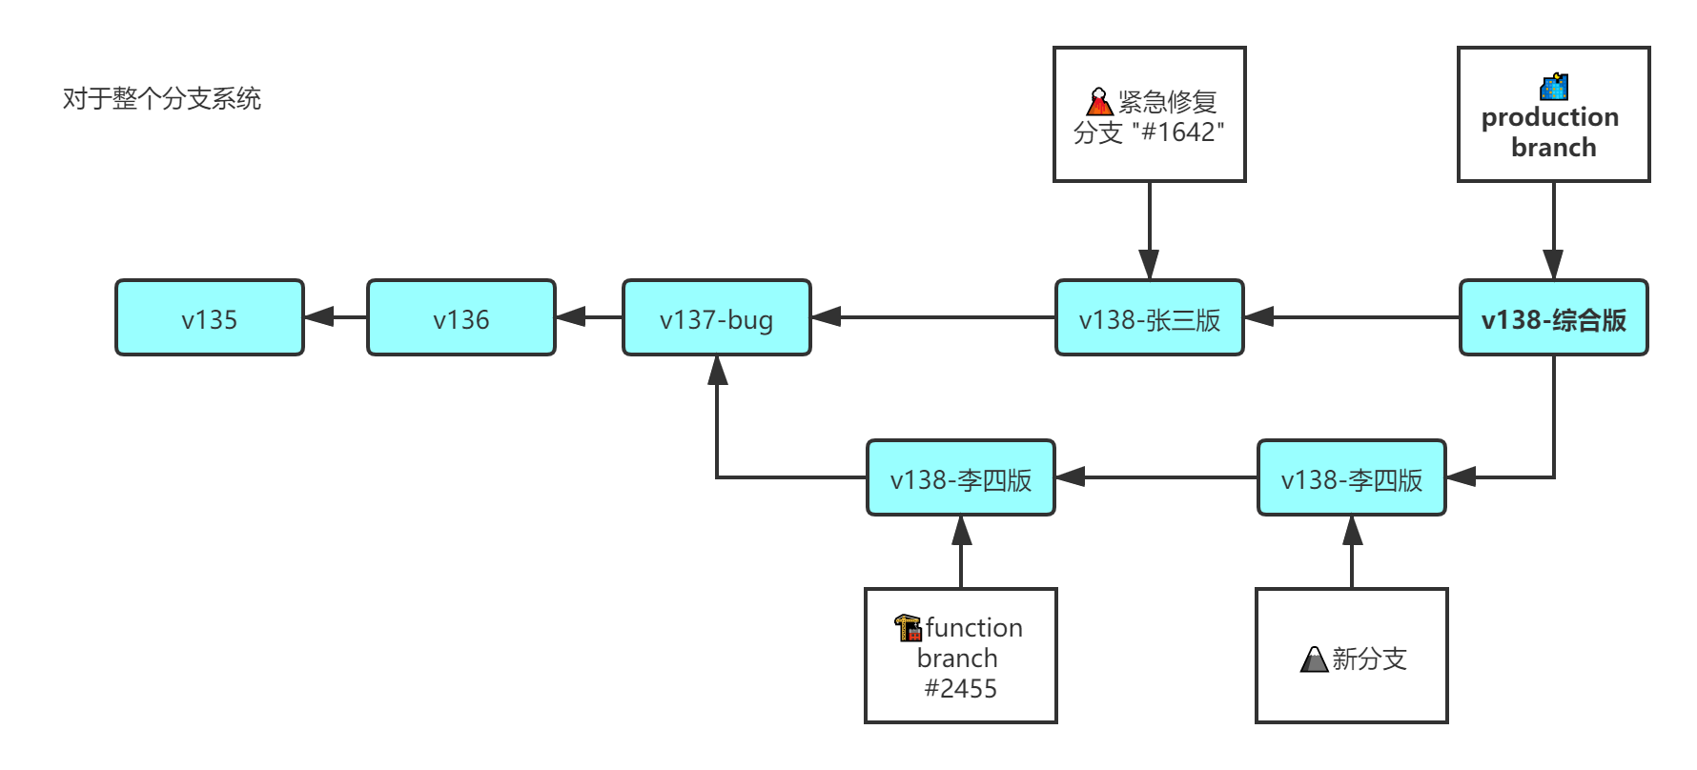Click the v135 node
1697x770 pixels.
pos(209,318)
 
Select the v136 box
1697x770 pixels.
pos(460,318)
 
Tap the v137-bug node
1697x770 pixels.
pos(716,318)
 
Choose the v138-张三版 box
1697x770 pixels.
pos(1149,318)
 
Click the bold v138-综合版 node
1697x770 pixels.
pos(1553,318)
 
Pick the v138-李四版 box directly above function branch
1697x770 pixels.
pos(960,478)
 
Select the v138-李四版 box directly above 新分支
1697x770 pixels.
pos(1351,478)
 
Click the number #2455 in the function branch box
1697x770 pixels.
pos(960,688)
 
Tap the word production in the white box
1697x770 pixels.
pos(1550,117)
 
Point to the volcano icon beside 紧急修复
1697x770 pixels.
pos(1099,101)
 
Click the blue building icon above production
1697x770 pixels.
pos(1554,87)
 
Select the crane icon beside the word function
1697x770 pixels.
pos(907,627)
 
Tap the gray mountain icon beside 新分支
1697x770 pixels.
pos(1314,659)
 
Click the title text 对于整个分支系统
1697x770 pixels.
pos(161,98)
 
